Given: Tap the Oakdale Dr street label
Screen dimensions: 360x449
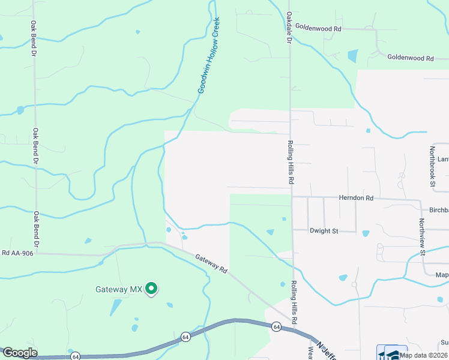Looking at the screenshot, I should point(288,28).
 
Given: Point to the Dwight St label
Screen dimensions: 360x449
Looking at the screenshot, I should point(324,230).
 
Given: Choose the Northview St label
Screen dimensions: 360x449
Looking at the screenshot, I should point(423,236).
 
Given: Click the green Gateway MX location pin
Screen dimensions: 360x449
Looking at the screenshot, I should point(152,289).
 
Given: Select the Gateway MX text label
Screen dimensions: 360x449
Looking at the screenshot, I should point(119,289).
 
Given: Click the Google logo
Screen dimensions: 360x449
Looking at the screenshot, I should point(19,353).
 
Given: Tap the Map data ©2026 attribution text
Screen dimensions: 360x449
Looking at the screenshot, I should point(423,355).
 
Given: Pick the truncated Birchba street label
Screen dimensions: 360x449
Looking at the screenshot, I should point(435,211).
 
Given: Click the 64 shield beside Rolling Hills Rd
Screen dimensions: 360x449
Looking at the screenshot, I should point(276,327).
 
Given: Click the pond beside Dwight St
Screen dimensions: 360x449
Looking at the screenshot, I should point(366,233).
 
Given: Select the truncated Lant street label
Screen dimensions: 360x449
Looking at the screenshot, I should point(442,159).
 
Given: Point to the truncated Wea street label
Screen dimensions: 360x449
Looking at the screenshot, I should point(311,353).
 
